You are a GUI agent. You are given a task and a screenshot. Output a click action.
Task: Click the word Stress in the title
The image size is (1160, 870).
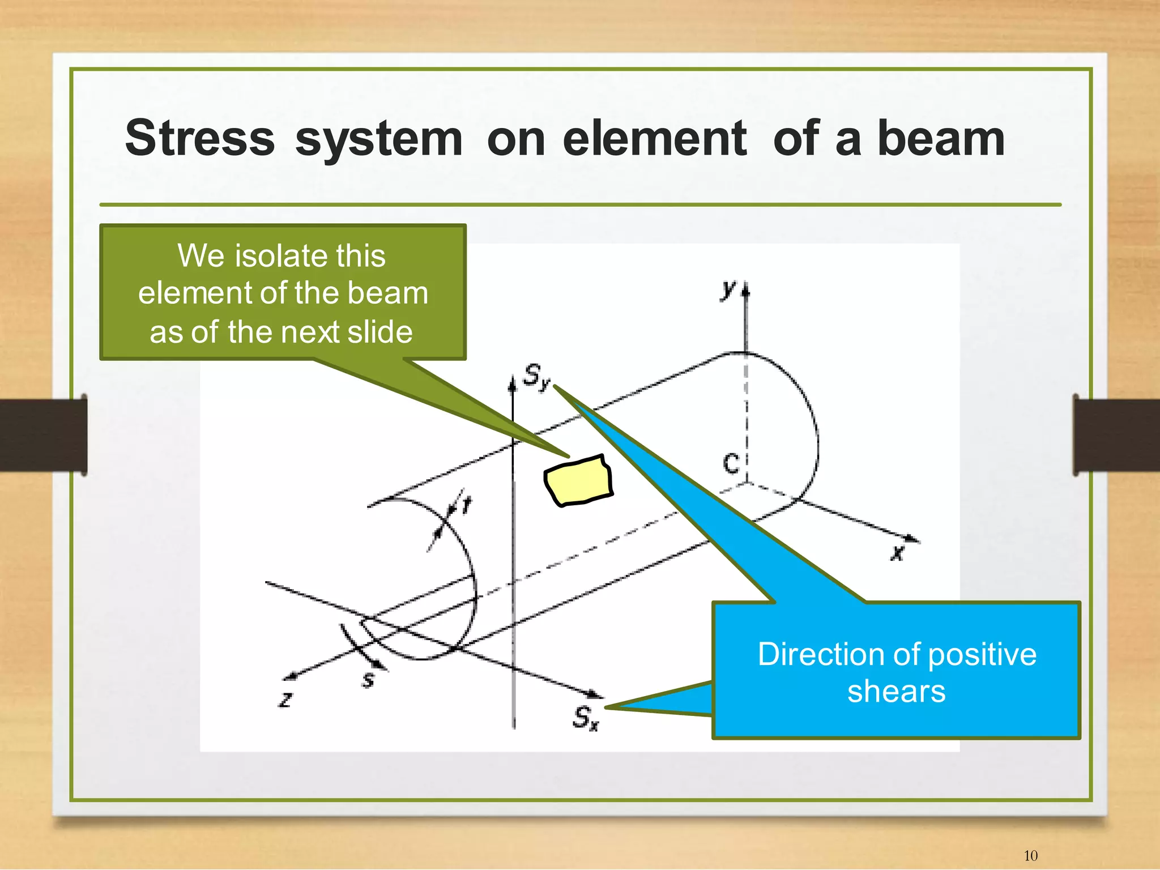200,139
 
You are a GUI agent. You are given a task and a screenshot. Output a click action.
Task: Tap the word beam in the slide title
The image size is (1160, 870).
941,139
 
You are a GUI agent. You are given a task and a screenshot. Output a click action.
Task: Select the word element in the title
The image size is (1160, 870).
655,139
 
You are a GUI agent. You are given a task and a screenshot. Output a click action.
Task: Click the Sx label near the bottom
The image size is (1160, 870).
585,718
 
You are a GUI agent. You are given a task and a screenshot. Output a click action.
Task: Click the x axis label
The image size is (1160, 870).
897,552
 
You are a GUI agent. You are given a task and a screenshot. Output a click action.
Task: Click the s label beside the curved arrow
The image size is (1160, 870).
368,679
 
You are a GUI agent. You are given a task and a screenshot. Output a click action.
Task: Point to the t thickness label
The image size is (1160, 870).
466,504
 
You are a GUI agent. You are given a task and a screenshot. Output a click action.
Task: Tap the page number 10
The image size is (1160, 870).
1030,855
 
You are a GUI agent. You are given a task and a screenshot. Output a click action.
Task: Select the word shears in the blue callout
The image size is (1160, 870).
897,692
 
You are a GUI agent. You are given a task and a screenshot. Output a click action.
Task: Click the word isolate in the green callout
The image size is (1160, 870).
282,255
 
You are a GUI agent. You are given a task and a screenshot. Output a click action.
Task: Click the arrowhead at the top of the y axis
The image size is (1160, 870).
745,290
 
